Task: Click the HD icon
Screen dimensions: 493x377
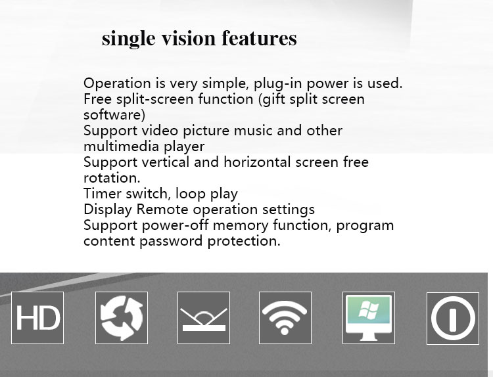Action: click(x=37, y=318)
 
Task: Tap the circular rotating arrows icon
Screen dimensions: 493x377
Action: click(x=122, y=318)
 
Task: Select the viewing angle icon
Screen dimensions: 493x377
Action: click(x=204, y=318)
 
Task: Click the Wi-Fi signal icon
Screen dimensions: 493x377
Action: click(x=285, y=318)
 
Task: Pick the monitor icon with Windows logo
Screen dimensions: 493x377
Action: click(x=369, y=318)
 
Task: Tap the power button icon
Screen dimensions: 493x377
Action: click(x=453, y=319)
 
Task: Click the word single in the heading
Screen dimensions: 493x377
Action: click(x=129, y=39)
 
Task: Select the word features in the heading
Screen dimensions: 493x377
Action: click(x=260, y=38)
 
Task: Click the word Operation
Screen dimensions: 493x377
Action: click(x=117, y=84)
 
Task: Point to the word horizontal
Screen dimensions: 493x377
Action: click(x=257, y=162)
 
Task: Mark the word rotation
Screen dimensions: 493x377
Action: click(x=112, y=178)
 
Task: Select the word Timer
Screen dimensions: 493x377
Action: click(x=103, y=194)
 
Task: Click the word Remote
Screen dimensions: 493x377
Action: click(x=162, y=210)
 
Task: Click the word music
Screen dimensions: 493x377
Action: click(x=253, y=131)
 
